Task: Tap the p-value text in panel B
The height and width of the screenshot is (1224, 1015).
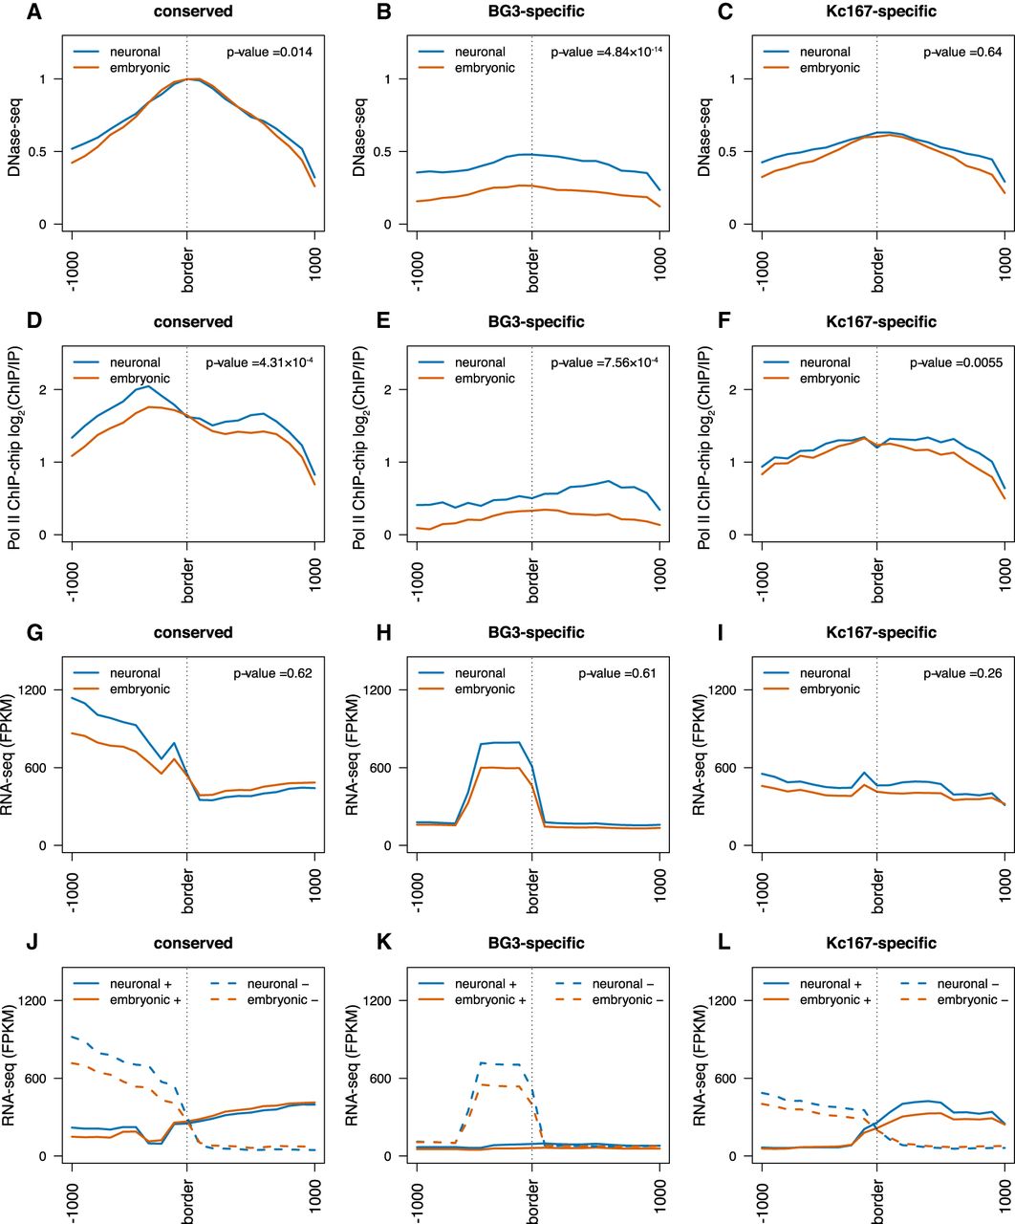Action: pos(607,52)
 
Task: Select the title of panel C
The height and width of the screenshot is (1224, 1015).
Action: pos(883,11)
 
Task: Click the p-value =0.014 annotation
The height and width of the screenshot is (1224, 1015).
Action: pos(260,52)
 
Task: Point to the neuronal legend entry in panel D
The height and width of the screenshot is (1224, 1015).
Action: pos(134,362)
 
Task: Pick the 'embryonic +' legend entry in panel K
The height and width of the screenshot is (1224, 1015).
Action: pos(488,1000)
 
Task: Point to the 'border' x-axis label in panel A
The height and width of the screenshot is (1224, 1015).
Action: pos(187,268)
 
